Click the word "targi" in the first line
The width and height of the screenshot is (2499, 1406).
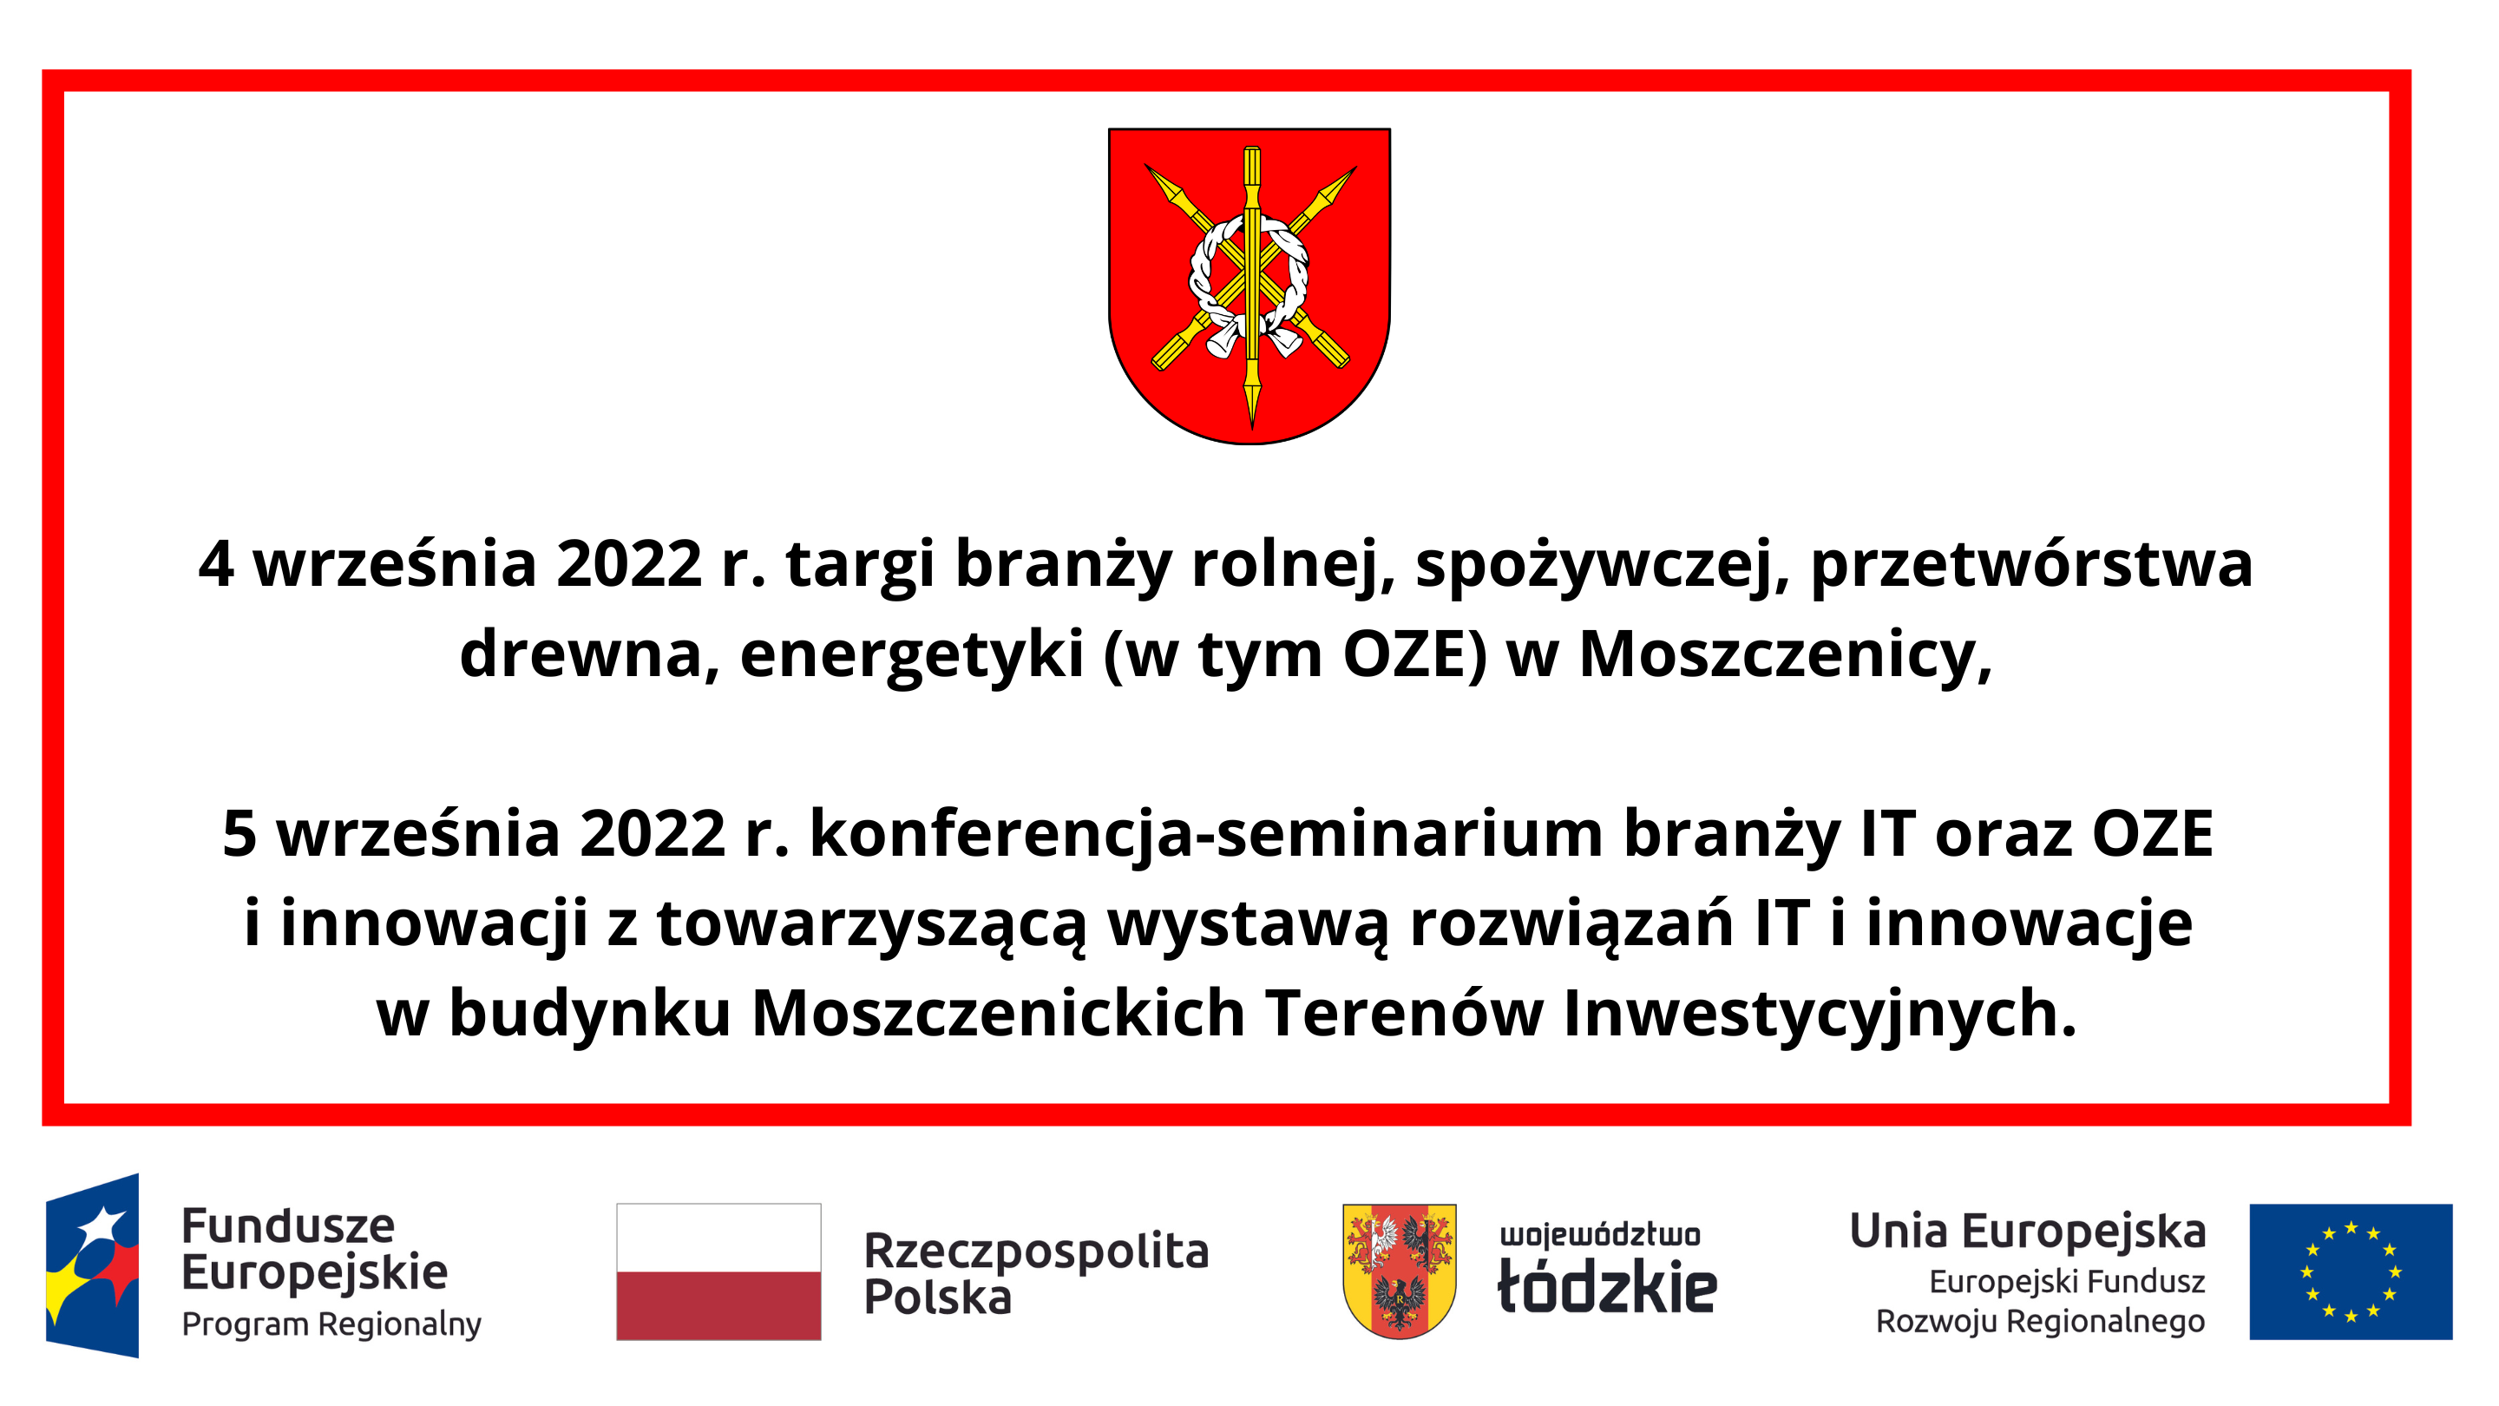pos(860,565)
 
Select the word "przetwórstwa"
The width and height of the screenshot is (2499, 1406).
pos(2030,565)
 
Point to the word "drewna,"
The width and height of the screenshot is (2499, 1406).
pos(589,654)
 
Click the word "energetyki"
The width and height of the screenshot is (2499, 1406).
pos(911,654)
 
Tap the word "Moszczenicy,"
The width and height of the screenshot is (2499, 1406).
pos(1785,654)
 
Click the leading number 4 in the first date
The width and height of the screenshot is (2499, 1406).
pos(215,565)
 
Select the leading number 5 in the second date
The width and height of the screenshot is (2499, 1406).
pos(239,833)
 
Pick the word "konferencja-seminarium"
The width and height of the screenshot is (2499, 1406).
pos(1206,833)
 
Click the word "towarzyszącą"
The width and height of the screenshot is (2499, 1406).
pos(871,923)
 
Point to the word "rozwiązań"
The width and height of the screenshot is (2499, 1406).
pos(1571,923)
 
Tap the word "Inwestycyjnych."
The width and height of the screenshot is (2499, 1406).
pos(1820,1013)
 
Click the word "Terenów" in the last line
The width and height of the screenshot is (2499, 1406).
pos(1404,1013)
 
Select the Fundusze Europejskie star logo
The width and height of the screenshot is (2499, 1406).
pos(92,1265)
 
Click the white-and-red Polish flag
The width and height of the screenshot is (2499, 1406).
pos(718,1271)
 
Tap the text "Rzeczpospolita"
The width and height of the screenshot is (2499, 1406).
pos(1036,1250)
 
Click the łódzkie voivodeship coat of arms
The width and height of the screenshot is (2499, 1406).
pos(1399,1271)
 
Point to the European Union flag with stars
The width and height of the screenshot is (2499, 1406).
pos(2350,1271)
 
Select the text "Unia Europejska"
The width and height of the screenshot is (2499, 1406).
pos(2028,1232)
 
